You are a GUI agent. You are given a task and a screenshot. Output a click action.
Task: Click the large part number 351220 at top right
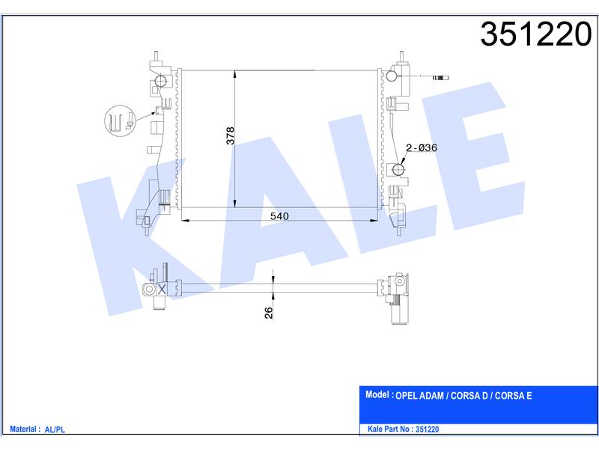coord(535,34)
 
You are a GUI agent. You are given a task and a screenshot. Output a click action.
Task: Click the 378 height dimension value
coord(230,135)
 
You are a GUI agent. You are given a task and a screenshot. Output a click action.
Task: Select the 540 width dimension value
coord(279,216)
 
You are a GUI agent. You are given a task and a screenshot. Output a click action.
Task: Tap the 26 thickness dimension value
coord(269,313)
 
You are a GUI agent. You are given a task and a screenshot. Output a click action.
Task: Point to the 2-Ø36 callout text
coord(422,147)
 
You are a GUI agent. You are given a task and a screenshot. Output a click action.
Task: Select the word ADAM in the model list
coord(432,396)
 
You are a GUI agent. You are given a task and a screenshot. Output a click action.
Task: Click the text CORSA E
coord(514,396)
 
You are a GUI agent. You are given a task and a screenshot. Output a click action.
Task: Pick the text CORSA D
coord(469,396)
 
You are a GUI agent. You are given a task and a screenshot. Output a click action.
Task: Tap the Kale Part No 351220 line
coord(403,429)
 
